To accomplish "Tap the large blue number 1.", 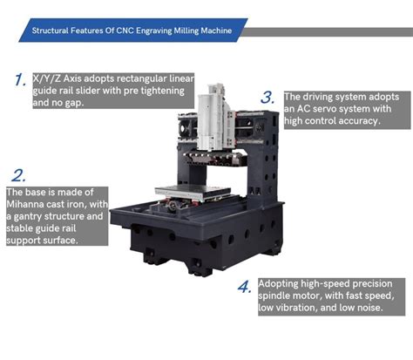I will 20,80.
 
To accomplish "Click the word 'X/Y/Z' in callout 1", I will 45,78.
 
